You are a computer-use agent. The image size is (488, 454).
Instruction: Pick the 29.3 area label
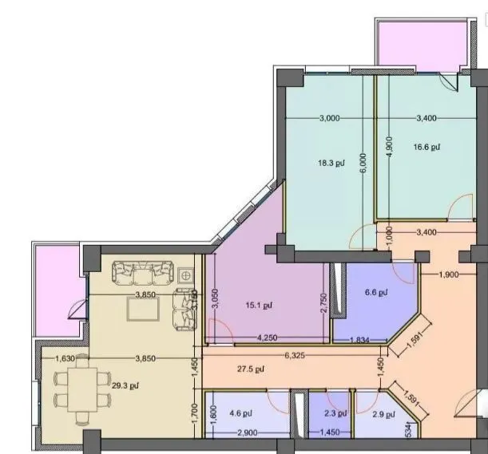[x=122, y=386]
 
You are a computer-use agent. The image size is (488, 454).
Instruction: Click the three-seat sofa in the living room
[x=143, y=274]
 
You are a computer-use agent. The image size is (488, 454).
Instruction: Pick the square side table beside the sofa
[x=186, y=274]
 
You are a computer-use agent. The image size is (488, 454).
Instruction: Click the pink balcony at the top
[x=415, y=42]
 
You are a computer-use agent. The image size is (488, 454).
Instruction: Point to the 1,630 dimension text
[x=65, y=358]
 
